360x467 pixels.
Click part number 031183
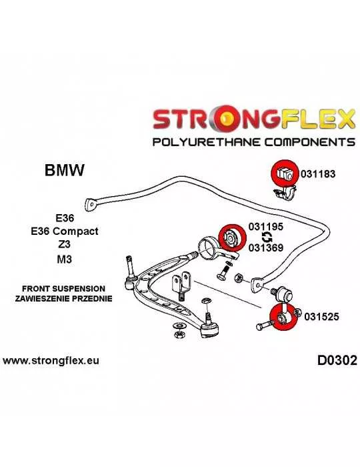318,173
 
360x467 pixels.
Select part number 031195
266,227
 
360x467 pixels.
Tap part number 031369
266,248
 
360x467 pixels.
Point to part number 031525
321,317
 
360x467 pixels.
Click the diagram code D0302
337,361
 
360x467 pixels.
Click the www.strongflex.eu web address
51,361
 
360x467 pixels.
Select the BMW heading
65,170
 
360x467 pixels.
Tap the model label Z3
65,244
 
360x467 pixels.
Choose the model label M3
65,260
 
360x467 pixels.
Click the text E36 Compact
65,231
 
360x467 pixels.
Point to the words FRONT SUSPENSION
64,289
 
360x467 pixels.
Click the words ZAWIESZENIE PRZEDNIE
64,298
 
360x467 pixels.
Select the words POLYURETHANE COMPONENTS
254,141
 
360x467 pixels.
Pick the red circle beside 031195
232,238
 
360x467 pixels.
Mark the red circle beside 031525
283,317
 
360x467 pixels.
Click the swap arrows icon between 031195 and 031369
267,238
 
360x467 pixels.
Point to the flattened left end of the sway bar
91,205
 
